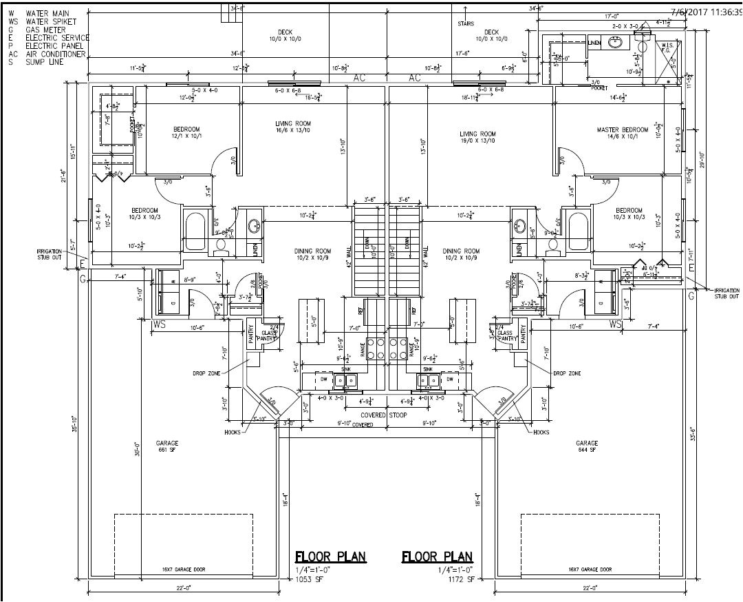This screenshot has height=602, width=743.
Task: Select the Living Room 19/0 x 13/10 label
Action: [x=477, y=138]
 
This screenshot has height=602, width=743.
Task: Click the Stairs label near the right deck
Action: [x=466, y=23]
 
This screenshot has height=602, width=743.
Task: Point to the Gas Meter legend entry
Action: [x=47, y=30]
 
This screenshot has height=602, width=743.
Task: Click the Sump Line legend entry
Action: [x=45, y=62]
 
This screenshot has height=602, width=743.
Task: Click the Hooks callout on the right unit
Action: [x=541, y=432]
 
